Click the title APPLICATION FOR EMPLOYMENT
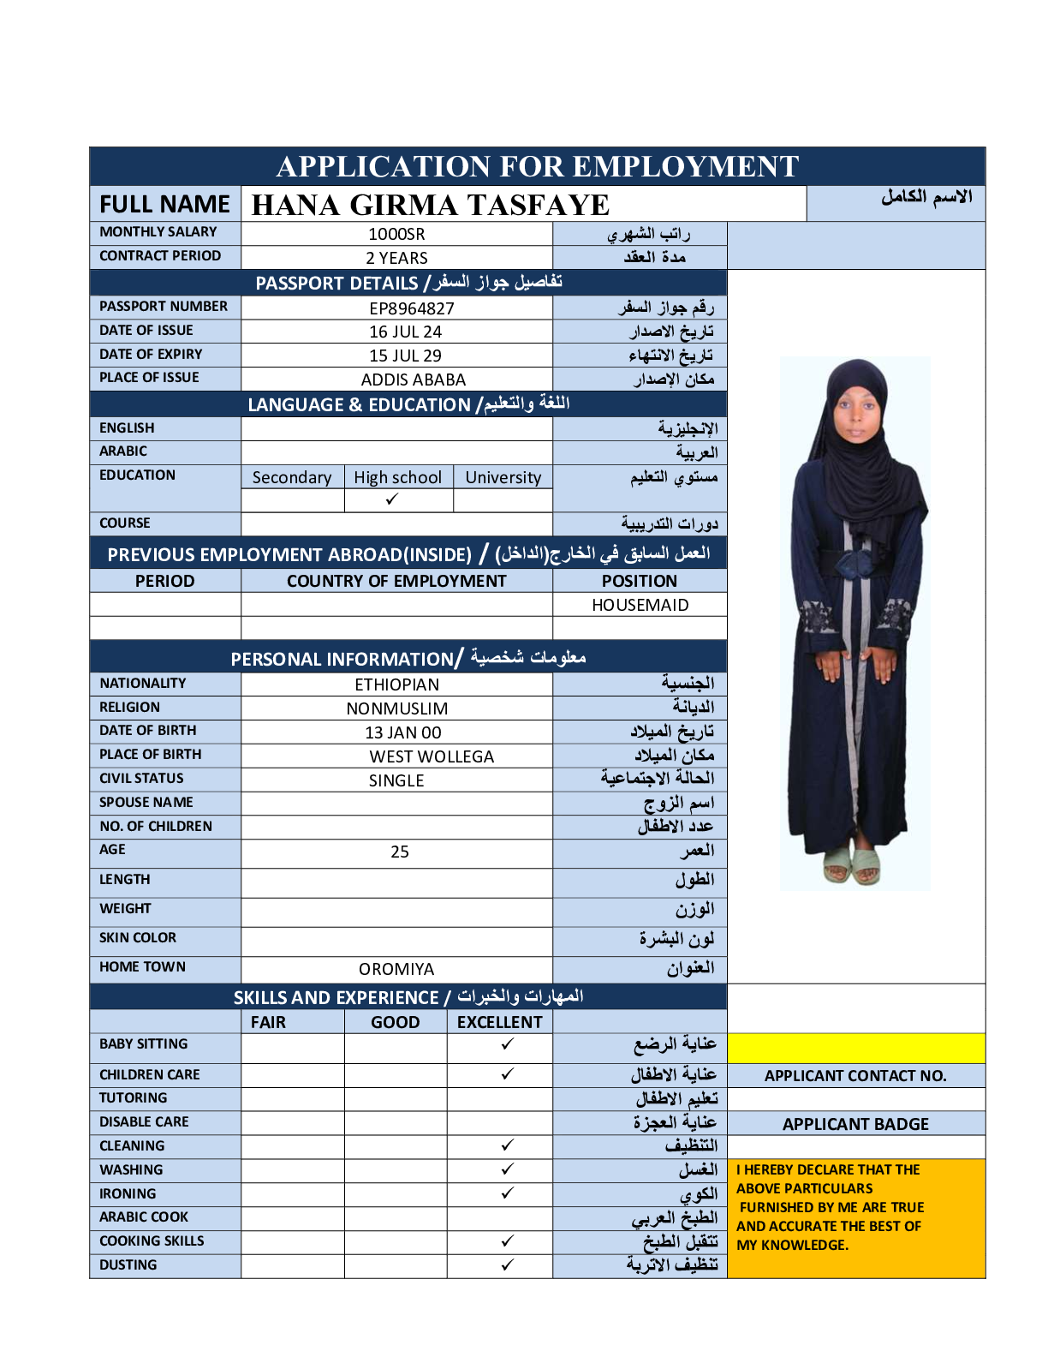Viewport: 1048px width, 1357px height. click(538, 166)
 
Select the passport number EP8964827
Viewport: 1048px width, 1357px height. click(412, 308)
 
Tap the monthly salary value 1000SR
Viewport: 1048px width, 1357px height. click(396, 234)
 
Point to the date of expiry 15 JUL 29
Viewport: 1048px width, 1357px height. click(405, 356)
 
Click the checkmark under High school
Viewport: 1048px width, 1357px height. click(392, 499)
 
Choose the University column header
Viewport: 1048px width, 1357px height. click(503, 477)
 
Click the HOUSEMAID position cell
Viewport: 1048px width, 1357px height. click(640, 605)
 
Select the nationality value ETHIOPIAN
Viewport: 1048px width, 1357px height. click(396, 684)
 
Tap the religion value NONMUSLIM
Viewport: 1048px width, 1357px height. click(396, 708)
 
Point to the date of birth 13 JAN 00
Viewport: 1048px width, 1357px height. click(403, 732)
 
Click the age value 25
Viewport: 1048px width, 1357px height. click(400, 852)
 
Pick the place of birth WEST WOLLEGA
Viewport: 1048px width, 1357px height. click(432, 756)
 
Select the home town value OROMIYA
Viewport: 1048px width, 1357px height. click(396, 969)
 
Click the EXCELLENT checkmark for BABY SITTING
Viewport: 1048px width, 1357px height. click(508, 1043)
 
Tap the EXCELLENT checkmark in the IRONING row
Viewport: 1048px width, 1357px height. click(508, 1193)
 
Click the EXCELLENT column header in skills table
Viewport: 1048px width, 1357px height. click(499, 1022)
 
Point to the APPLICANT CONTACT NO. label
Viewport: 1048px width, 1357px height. click(855, 1076)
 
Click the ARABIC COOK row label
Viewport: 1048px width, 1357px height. click(144, 1217)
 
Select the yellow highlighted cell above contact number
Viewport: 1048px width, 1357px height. click(855, 1049)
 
